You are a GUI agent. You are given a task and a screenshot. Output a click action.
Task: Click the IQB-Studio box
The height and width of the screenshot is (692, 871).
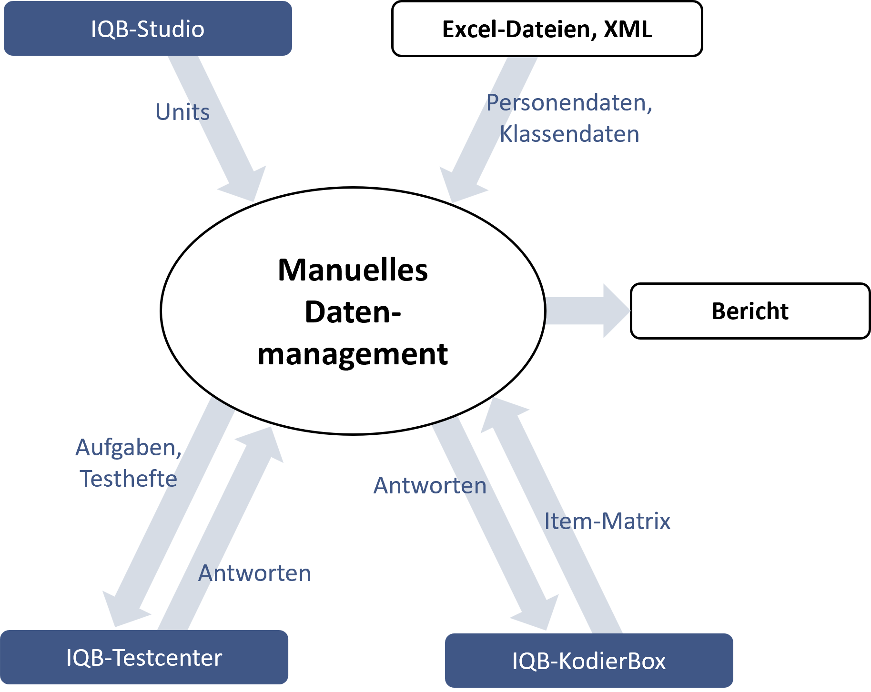(148, 29)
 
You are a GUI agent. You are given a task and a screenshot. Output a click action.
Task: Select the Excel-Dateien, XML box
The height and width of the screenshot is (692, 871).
(547, 29)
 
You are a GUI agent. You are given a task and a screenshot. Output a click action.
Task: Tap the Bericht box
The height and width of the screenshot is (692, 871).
(750, 311)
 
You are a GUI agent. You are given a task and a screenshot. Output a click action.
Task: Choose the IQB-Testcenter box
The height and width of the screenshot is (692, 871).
(144, 658)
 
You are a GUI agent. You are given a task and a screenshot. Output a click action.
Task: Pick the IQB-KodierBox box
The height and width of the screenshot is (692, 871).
(589, 661)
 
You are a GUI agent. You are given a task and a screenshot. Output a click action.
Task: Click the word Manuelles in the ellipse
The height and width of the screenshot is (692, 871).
(353, 270)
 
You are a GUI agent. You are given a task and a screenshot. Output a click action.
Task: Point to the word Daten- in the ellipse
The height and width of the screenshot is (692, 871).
(353, 312)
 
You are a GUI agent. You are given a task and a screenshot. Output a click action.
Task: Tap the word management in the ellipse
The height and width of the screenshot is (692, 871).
(353, 354)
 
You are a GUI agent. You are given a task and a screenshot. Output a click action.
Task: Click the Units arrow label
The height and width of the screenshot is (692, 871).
(182, 112)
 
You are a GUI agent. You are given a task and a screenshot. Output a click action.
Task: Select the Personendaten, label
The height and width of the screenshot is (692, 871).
(569, 103)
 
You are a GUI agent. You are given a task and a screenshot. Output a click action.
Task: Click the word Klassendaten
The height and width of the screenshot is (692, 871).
(569, 134)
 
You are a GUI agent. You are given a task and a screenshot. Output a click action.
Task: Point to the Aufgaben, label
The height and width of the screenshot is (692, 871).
(128, 448)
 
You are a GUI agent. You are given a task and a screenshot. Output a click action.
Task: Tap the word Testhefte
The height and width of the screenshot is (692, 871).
(128, 479)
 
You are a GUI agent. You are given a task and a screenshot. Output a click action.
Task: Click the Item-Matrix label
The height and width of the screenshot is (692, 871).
(607, 521)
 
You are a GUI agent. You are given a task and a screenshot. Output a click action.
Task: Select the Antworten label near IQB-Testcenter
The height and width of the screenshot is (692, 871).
(254, 573)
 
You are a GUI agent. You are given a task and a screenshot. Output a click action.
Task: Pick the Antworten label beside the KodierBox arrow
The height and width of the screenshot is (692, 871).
(430, 486)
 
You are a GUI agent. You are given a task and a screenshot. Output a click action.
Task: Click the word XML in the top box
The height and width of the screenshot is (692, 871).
(628, 29)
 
